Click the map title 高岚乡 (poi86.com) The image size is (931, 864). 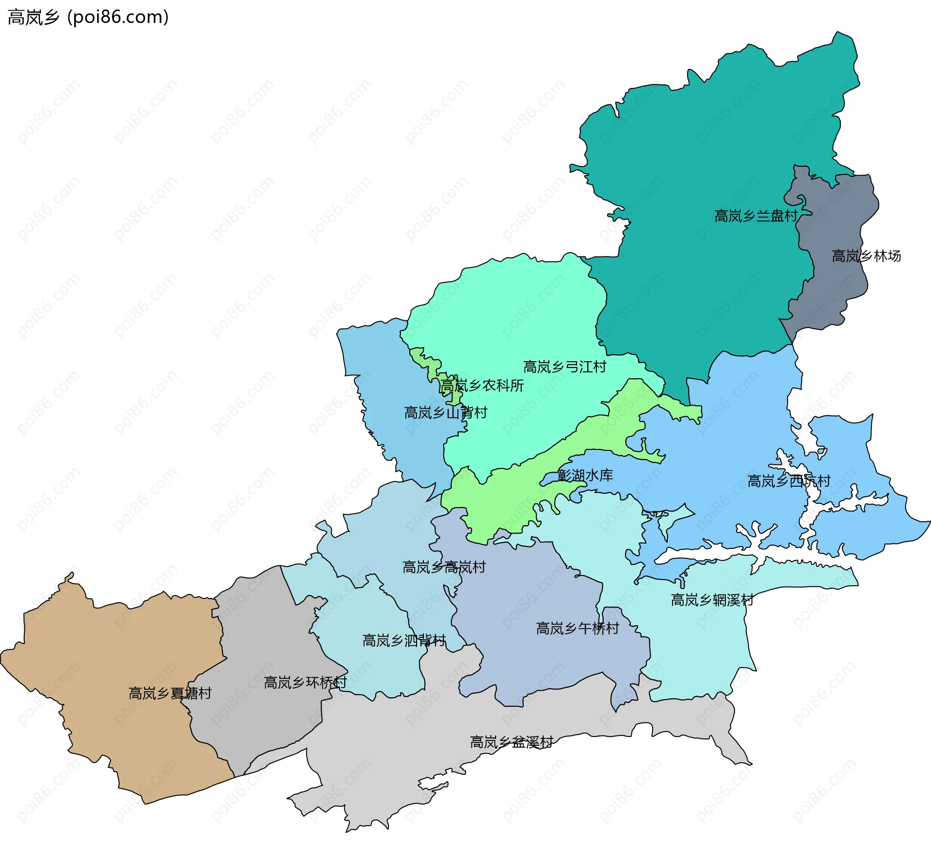pyautogui.click(x=88, y=17)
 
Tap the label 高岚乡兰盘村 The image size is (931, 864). pyautogui.click(x=756, y=216)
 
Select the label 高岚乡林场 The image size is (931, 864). pyautogui.click(x=866, y=256)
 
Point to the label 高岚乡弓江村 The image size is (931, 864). pyautogui.click(x=564, y=367)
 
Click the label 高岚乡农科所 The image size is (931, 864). pyautogui.click(x=482, y=385)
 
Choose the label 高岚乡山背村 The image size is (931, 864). pyautogui.click(x=445, y=413)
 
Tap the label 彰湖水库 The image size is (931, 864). pyautogui.click(x=585, y=475)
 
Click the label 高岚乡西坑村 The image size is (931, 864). pyautogui.click(x=788, y=481)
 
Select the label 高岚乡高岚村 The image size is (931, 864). pyautogui.click(x=444, y=567)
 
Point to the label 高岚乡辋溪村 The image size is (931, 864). pyautogui.click(x=712, y=600)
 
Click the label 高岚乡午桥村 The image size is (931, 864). pyautogui.click(x=577, y=628)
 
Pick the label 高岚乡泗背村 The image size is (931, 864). pyautogui.click(x=404, y=640)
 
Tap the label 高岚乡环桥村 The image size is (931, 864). pyautogui.click(x=305, y=683)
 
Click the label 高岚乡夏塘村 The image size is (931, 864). pyautogui.click(x=170, y=693)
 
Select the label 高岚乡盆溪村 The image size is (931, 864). pyautogui.click(x=512, y=742)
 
